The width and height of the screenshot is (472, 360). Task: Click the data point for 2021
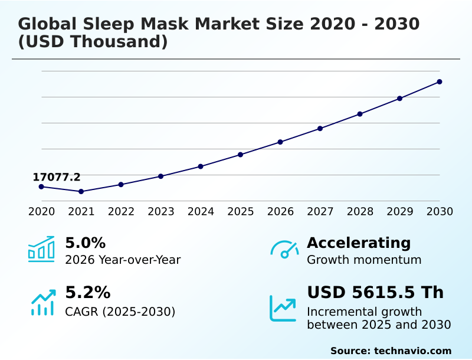(81, 191)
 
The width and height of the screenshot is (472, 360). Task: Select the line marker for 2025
(240, 155)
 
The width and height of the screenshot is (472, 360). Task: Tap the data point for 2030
(440, 81)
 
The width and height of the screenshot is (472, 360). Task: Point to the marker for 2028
(360, 114)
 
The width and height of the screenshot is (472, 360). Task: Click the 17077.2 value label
(57, 177)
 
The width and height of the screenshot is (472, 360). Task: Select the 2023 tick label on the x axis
(161, 211)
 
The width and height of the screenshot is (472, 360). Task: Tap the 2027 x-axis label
(320, 211)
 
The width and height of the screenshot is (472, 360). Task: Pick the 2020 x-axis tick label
(41, 211)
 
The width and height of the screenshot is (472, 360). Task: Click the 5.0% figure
(85, 243)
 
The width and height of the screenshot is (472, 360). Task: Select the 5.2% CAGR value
(87, 293)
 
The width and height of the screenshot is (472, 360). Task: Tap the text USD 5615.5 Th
(375, 293)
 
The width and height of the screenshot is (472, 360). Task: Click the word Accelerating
(359, 243)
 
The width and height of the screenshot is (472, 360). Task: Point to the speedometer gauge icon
(284, 249)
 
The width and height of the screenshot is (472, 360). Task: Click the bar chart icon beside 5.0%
(41, 249)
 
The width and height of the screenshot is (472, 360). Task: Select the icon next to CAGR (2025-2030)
(42, 302)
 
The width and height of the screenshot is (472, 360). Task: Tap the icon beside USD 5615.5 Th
(283, 308)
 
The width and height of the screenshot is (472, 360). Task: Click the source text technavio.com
(412, 351)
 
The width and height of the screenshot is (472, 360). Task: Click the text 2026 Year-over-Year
(123, 260)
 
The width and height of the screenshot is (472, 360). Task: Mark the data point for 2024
(201, 166)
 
